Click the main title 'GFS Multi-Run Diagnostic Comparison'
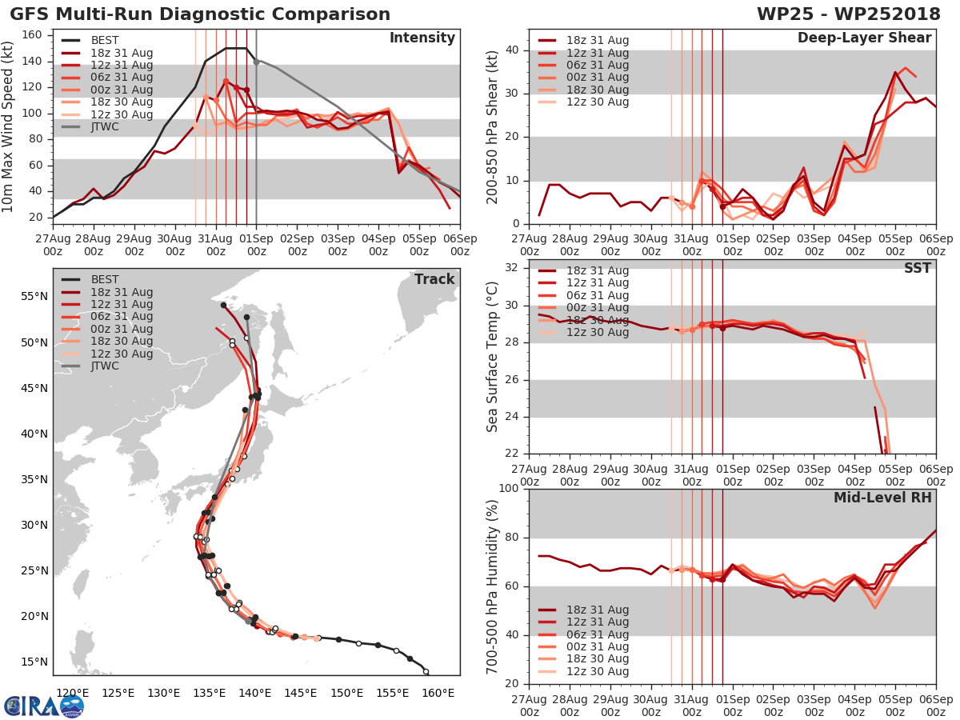[200, 14]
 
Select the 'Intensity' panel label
[422, 38]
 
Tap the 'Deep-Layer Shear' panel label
[864, 38]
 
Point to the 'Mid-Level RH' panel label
[882, 498]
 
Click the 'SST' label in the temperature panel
[918, 269]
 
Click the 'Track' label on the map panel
[434, 279]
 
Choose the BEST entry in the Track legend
[105, 280]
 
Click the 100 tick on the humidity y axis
[509, 489]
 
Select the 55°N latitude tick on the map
[34, 296]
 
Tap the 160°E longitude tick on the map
[438, 694]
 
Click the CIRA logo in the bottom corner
[43, 706]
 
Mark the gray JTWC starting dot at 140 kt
[256, 62]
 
